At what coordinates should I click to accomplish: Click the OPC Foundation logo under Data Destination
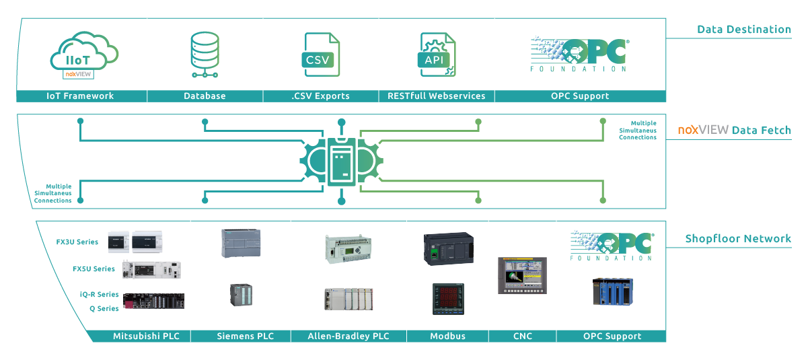[x=579, y=55]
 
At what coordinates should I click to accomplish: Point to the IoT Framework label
[x=80, y=96]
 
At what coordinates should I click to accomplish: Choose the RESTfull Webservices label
[x=436, y=96]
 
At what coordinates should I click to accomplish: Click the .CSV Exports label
[x=320, y=96]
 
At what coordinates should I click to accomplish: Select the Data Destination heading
[x=743, y=30]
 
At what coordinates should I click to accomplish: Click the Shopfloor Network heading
[x=738, y=239]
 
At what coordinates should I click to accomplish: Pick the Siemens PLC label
[x=245, y=336]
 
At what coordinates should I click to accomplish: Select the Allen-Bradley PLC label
[x=348, y=336]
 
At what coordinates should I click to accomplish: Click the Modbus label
[x=447, y=336]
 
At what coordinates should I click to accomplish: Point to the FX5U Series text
[x=94, y=269]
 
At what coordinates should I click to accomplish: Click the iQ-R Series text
[x=98, y=295]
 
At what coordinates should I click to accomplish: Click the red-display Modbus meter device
[x=448, y=299]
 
